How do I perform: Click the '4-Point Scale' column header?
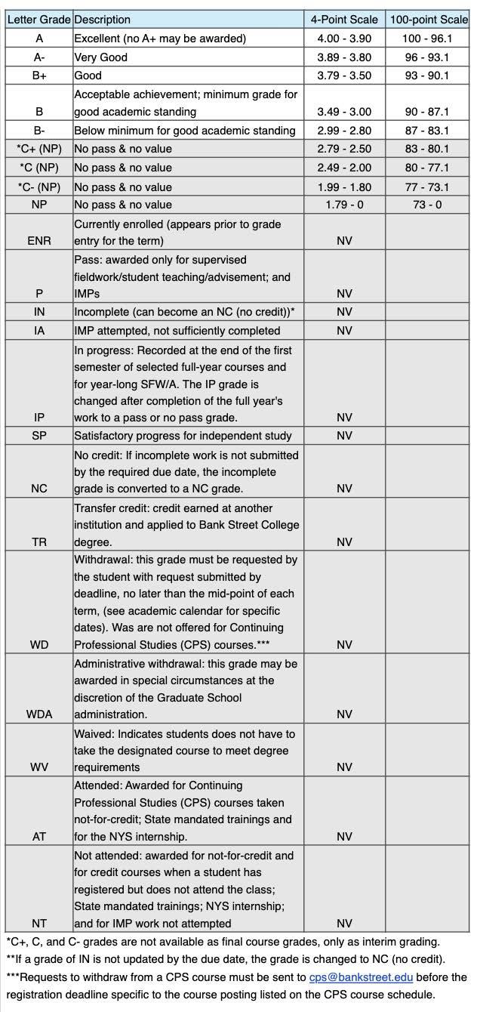click(x=344, y=20)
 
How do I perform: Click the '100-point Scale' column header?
click(x=429, y=20)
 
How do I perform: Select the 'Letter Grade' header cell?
click(x=38, y=20)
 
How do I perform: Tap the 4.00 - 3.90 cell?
click(x=344, y=39)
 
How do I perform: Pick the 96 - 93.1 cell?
click(x=428, y=57)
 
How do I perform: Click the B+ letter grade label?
click(x=39, y=76)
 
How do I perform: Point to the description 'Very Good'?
click(x=100, y=57)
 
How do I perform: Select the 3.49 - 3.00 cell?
click(x=344, y=112)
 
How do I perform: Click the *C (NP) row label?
click(x=39, y=168)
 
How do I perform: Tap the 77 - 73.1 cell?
click(x=428, y=187)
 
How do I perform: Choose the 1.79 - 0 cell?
click(x=344, y=205)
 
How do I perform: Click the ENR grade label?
click(x=39, y=241)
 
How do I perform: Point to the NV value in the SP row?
click(x=344, y=436)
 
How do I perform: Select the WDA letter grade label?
click(x=39, y=714)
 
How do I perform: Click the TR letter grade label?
click(x=39, y=542)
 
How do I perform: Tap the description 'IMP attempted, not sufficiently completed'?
click(x=177, y=331)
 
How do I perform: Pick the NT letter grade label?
click(x=39, y=924)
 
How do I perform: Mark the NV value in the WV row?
click(x=344, y=767)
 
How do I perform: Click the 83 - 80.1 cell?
click(x=428, y=149)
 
